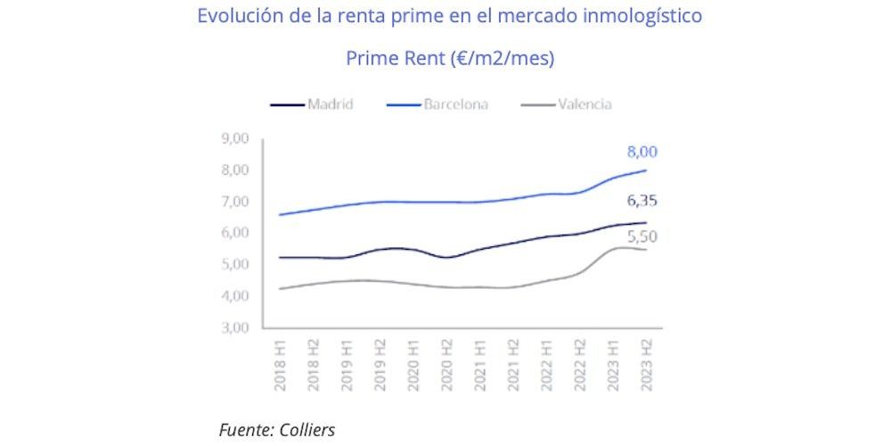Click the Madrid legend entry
330,104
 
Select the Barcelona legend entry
455,104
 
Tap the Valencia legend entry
584,104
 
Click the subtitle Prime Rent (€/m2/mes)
450,59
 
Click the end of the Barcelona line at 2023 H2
646,170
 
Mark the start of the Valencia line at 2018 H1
280,288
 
